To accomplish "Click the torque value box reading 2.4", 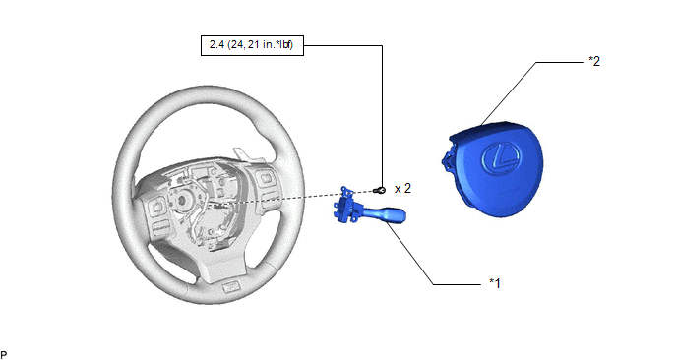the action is click(252, 45).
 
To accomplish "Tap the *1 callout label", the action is click(495, 283).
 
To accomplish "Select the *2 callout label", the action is click(594, 61).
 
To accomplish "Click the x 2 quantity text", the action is click(402, 189).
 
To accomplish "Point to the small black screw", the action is click(379, 190).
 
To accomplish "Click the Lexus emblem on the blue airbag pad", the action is click(501, 157).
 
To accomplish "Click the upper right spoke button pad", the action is click(265, 177).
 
